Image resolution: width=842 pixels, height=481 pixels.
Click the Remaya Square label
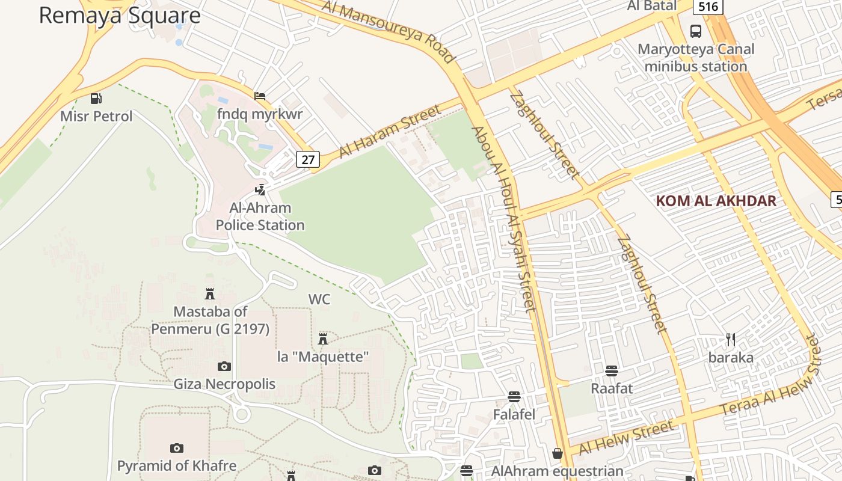point(119,16)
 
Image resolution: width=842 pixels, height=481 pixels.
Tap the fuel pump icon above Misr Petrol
point(96,98)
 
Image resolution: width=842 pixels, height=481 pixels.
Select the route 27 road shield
point(308,159)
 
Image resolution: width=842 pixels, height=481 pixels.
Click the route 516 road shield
point(708,7)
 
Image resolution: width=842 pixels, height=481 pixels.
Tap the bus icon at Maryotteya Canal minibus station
point(696,31)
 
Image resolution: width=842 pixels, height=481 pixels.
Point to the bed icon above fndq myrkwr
point(260,96)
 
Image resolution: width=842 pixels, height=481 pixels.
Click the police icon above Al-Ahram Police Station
point(260,190)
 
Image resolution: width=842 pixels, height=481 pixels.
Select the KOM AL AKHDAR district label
point(716,201)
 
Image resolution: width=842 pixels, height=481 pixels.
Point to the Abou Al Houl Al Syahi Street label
point(503,219)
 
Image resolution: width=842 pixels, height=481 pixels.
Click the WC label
point(319,299)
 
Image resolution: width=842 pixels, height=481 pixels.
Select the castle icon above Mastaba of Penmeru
point(210,294)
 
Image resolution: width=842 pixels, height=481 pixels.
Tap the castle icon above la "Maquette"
point(323,339)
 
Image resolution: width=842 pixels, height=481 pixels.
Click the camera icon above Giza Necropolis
point(224,366)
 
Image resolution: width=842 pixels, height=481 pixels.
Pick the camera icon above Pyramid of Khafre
point(176,448)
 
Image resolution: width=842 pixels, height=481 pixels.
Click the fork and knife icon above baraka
point(731,340)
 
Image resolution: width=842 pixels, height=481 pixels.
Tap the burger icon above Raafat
point(612,370)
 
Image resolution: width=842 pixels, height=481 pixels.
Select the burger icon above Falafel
point(514,397)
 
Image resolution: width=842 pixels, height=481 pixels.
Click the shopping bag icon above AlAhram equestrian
point(558,453)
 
